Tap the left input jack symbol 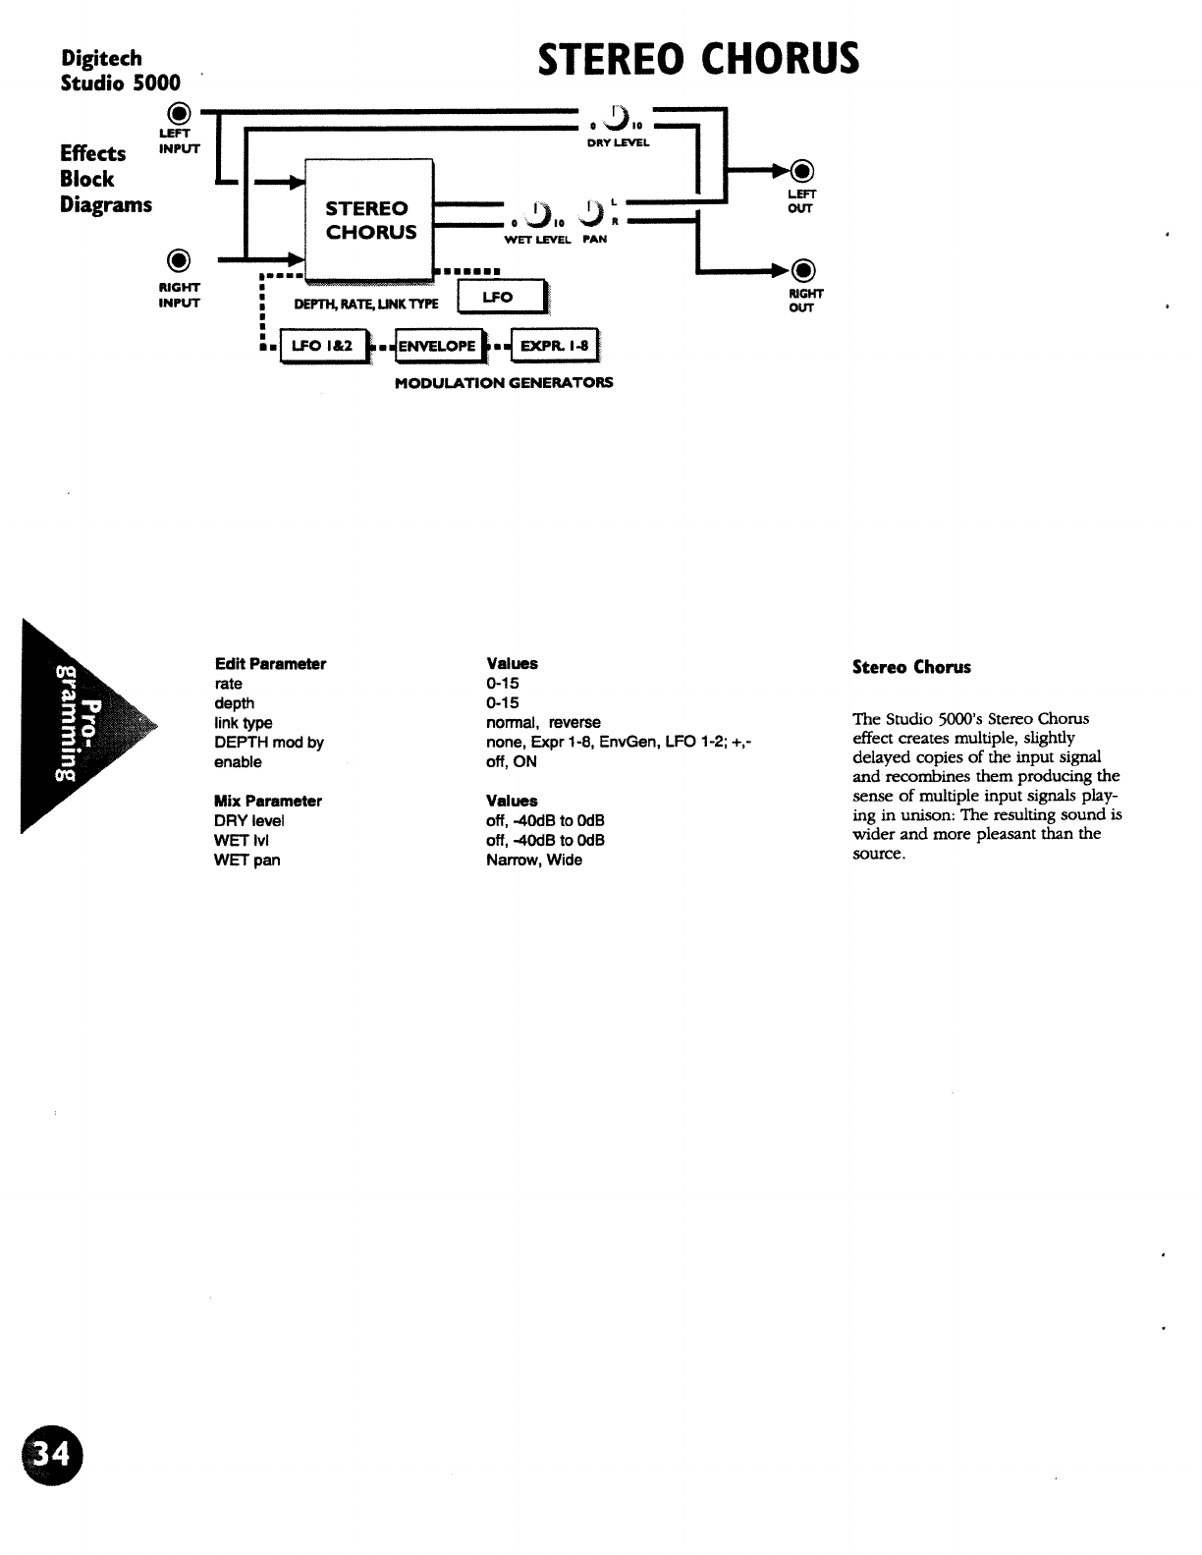coord(178,112)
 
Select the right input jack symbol coord(178,260)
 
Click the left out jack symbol coord(803,172)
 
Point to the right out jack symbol coord(803,270)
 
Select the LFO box coord(500,297)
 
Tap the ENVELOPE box coord(437,346)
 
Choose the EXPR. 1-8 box coord(554,346)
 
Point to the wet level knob coord(538,213)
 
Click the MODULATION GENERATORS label coord(504,382)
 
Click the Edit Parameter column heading coord(270,664)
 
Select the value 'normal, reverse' coord(543,722)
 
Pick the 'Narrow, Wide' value coord(534,860)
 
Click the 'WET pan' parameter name coord(246,860)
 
